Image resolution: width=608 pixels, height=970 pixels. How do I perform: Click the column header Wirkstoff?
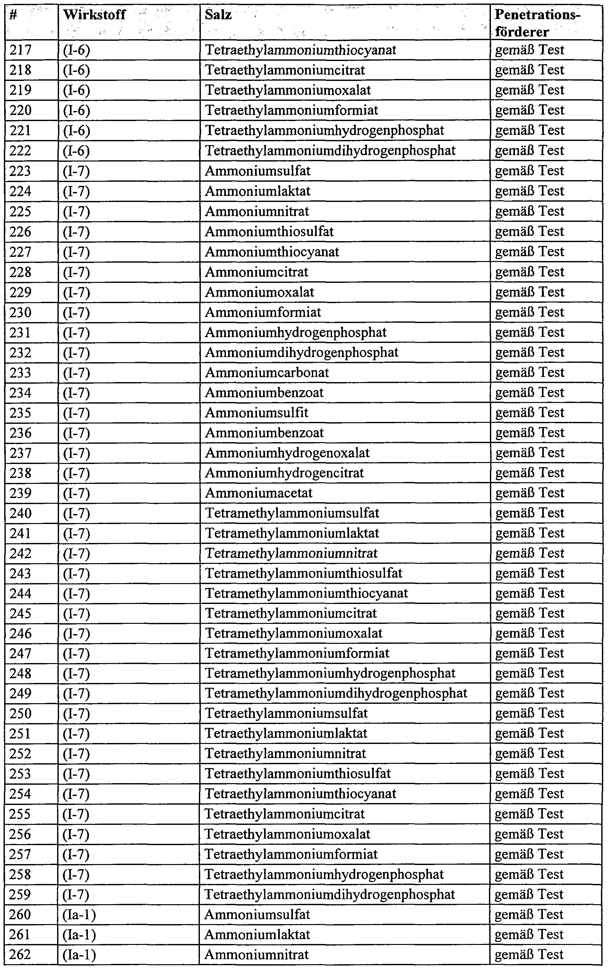pyautogui.click(x=95, y=15)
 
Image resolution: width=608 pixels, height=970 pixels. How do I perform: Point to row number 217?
pyautogui.click(x=21, y=50)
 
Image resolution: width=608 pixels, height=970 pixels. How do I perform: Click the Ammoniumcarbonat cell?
pyautogui.click(x=267, y=372)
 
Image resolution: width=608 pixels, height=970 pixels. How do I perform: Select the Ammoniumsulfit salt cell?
pyautogui.click(x=257, y=413)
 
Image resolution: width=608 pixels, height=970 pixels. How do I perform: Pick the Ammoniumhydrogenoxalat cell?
pyautogui.click(x=287, y=453)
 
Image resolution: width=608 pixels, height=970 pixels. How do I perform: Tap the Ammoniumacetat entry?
pyautogui.click(x=259, y=493)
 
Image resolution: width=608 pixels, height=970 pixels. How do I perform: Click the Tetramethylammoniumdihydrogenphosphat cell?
pyautogui.click(x=336, y=693)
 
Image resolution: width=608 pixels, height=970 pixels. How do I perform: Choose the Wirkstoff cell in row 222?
pyautogui.click(x=76, y=151)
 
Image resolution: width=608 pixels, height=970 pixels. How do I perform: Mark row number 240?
pyautogui.click(x=21, y=513)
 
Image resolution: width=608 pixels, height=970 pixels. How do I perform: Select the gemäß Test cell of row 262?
pyautogui.click(x=529, y=954)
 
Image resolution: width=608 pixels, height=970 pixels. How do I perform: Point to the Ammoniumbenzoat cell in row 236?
pyautogui.click(x=264, y=433)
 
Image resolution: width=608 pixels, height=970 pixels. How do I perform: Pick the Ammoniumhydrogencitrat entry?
pyautogui.click(x=284, y=473)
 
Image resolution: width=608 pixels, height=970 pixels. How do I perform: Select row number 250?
pyautogui.click(x=21, y=713)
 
